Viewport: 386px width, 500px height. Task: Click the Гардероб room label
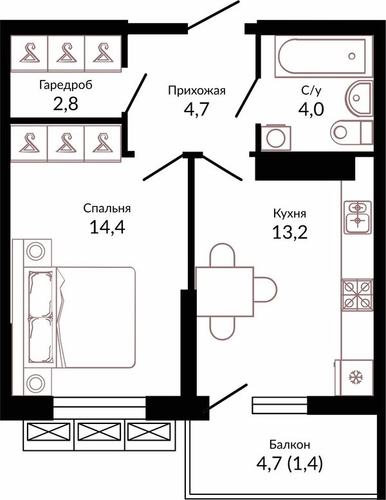coord(66,86)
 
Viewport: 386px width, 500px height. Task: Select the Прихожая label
coord(197,91)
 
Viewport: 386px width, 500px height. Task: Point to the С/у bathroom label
coord(311,91)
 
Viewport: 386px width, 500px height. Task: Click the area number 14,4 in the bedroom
coord(107,227)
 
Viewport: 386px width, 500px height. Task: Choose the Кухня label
coord(289,213)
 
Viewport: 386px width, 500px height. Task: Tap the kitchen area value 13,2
coord(289,232)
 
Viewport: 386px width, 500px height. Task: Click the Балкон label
coord(289,444)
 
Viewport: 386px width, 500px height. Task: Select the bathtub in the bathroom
coord(322,57)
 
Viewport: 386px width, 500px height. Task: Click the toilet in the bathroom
coord(352,132)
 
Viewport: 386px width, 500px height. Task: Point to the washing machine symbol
coord(276,138)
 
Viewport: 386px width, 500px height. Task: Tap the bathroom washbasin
coord(358,97)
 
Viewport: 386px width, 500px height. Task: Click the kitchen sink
coord(357,216)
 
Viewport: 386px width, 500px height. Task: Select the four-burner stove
coord(357,295)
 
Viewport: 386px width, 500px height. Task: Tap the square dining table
coord(225,292)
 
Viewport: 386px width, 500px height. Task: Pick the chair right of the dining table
coord(265,289)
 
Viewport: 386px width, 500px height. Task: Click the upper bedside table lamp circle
coord(35,251)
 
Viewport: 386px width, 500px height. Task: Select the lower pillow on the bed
coord(40,340)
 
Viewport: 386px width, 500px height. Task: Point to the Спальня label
coord(107,209)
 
